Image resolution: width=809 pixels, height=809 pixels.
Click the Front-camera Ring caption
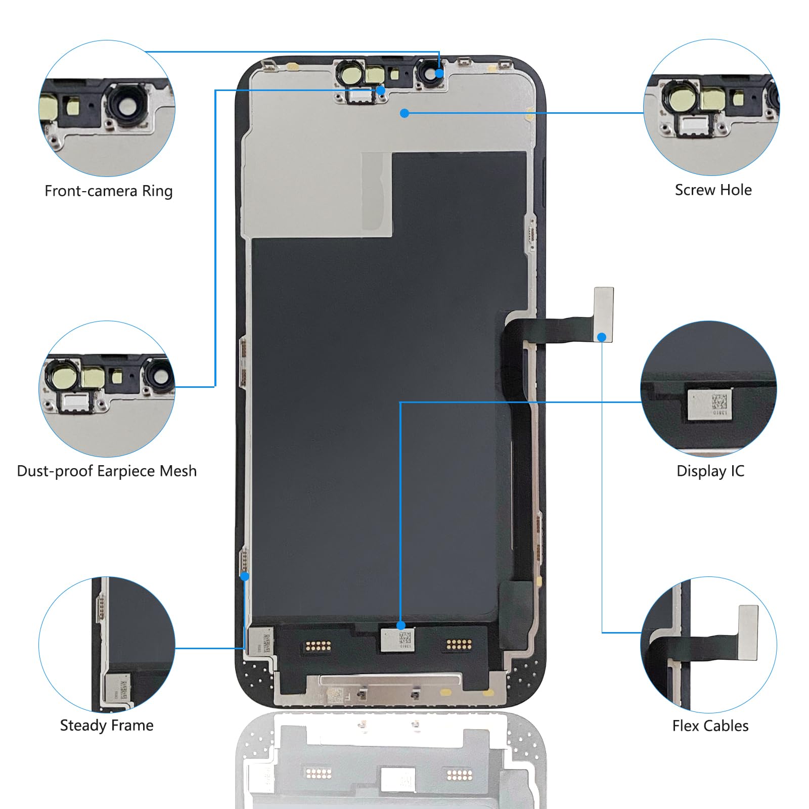[108, 191]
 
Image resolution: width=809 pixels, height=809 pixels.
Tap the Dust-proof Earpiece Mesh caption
[107, 471]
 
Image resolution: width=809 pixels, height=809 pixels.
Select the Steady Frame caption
[107, 726]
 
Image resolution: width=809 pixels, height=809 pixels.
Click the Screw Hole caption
[713, 190]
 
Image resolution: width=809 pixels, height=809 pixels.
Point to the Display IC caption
[710, 471]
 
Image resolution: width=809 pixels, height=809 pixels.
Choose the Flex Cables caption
[710, 726]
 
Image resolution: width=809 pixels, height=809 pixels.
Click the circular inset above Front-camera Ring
[107, 108]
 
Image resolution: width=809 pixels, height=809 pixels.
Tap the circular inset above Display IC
[708, 389]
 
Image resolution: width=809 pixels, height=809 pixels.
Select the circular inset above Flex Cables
[708, 645]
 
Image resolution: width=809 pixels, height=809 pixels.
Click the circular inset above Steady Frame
[107, 645]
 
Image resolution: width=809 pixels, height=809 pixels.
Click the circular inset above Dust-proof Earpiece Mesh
[107, 389]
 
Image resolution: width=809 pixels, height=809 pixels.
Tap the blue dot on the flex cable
[602, 337]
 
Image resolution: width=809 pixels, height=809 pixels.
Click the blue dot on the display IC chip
[401, 625]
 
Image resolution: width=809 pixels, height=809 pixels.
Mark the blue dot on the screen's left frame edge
[245, 576]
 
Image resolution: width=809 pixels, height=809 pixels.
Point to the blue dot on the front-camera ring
[439, 73]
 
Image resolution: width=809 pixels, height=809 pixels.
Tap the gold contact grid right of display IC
[459, 645]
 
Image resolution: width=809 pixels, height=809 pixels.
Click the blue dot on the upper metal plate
[404, 113]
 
